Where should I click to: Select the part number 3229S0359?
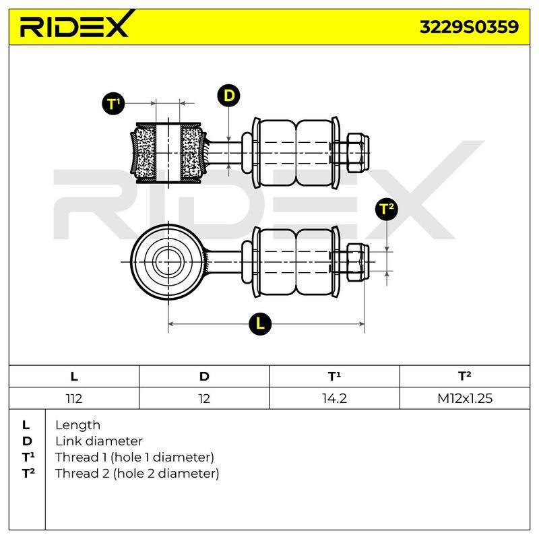(469, 27)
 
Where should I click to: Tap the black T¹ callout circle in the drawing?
(113, 104)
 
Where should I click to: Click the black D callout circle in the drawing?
(228, 96)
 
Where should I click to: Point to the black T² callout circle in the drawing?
(387, 209)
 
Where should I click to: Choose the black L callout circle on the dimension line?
(260, 323)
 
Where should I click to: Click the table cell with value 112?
(74, 398)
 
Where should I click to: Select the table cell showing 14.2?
(334, 398)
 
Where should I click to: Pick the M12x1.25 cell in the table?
(465, 398)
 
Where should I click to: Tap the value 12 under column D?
(204, 398)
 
